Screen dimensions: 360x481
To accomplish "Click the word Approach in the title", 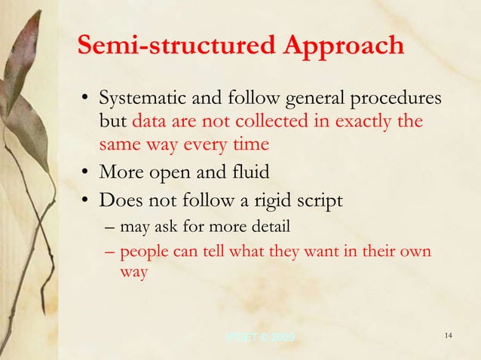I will pyautogui.click(x=345, y=47).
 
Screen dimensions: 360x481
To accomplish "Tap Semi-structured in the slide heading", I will pyautogui.click(x=178, y=45).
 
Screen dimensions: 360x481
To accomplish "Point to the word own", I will pyautogui.click(x=414, y=251).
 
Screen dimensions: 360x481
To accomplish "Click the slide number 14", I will pyautogui.click(x=448, y=335).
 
